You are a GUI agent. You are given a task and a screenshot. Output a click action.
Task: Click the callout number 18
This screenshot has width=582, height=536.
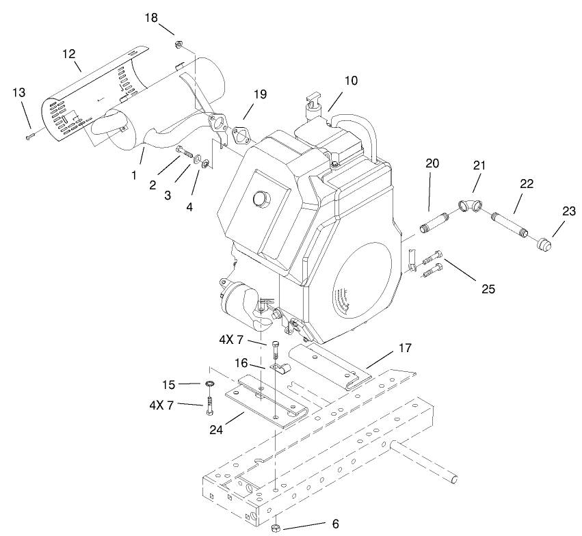[x=151, y=17]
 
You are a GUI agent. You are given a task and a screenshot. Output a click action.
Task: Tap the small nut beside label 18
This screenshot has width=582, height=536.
[x=177, y=45]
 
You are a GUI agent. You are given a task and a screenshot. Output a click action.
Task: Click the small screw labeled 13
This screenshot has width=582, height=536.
[x=30, y=137]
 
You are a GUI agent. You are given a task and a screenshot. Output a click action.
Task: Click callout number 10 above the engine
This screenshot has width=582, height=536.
[x=350, y=81]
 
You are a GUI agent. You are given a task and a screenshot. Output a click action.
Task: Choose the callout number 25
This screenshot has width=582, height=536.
[x=488, y=289]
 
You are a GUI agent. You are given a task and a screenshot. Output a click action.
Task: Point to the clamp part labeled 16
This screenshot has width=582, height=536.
[x=280, y=370]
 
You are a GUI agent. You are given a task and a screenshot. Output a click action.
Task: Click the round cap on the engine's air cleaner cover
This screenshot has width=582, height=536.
[x=260, y=198]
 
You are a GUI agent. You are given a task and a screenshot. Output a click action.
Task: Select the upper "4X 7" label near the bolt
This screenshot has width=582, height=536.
[x=231, y=340]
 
